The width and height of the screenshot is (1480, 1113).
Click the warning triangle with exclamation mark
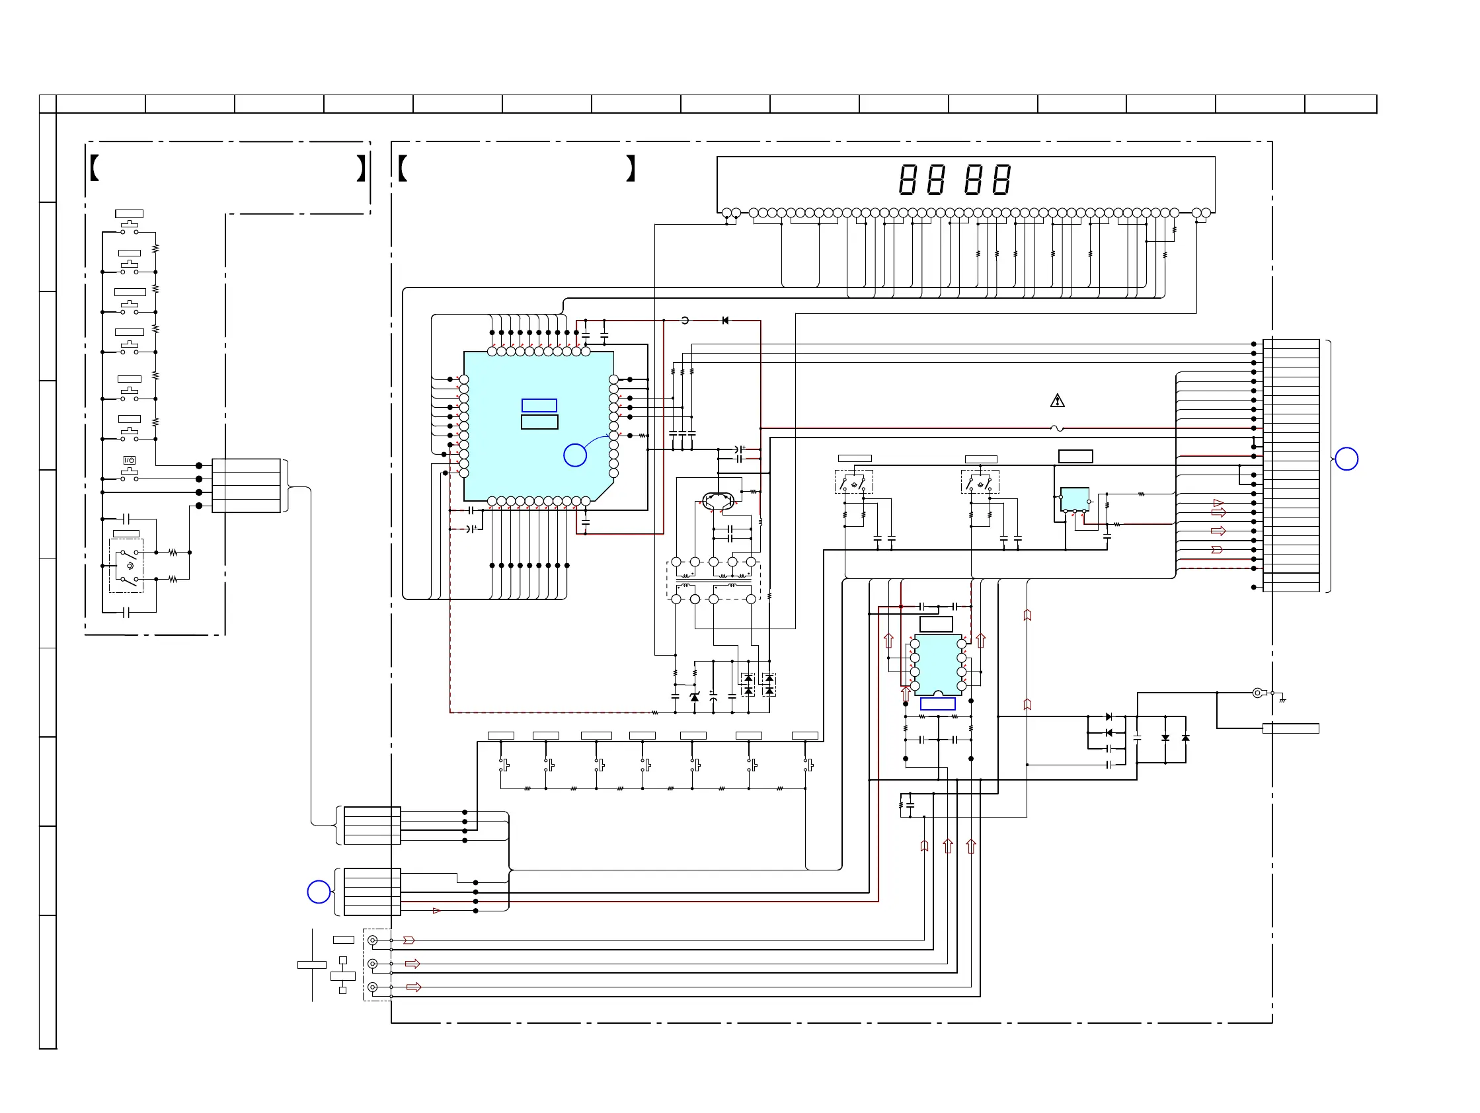click(1057, 401)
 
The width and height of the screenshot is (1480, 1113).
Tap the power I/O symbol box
click(129, 460)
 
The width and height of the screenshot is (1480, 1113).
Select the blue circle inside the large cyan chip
click(574, 455)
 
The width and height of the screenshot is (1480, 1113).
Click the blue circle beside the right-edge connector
click(1346, 459)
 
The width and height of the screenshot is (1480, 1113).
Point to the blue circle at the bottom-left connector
click(319, 892)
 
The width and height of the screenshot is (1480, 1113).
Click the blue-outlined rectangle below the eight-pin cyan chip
click(937, 704)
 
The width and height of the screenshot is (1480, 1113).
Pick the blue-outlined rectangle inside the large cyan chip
click(539, 405)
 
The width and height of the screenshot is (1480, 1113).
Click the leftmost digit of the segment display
click(908, 179)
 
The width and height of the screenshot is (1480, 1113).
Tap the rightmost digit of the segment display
click(1001, 179)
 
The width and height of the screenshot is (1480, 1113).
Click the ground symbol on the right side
click(1282, 699)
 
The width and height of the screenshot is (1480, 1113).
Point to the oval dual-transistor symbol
click(719, 500)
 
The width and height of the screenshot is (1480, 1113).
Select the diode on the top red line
click(725, 321)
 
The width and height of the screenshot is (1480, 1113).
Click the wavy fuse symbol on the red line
click(1057, 428)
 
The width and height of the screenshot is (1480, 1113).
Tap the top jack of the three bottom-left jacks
click(373, 940)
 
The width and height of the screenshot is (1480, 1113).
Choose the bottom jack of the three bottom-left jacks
click(373, 987)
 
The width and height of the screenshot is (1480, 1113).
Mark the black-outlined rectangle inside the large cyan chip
click(539, 422)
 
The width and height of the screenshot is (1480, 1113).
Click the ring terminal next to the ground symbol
click(1258, 693)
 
